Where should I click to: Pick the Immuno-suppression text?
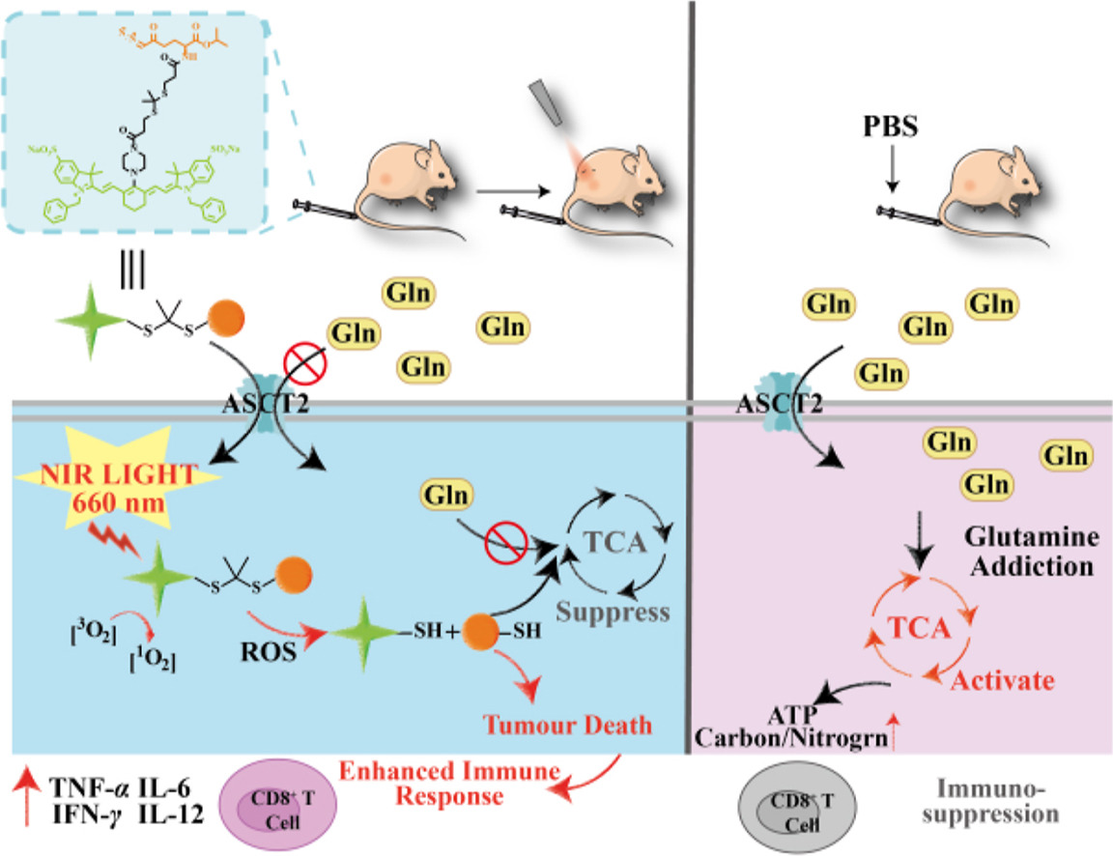coord(995,801)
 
